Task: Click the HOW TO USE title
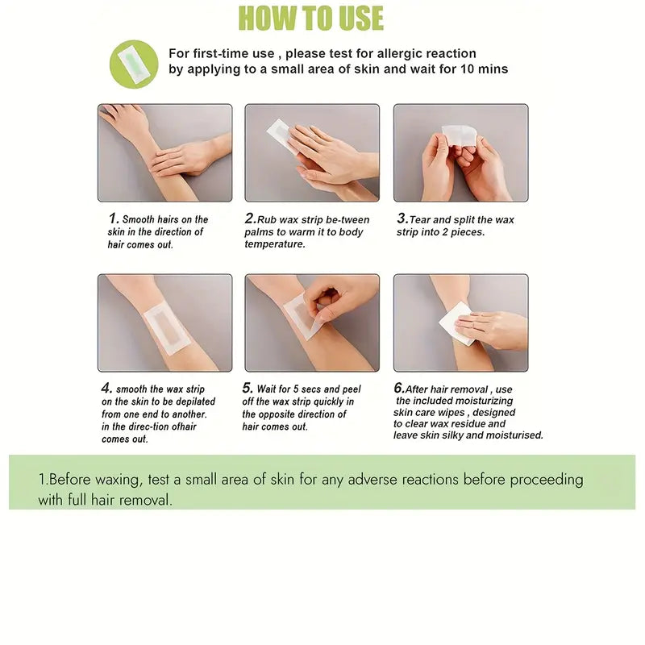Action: pyautogui.click(x=310, y=18)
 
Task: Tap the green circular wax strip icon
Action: pyautogui.click(x=133, y=63)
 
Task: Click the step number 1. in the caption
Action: pyautogui.click(x=114, y=218)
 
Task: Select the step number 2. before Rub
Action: pyautogui.click(x=250, y=218)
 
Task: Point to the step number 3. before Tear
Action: pyautogui.click(x=402, y=218)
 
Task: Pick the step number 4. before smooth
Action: pyautogui.click(x=106, y=388)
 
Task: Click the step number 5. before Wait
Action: pyautogui.click(x=248, y=388)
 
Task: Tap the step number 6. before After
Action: pyautogui.click(x=399, y=388)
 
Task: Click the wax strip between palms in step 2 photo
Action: pyautogui.click(x=281, y=135)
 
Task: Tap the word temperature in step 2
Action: pyautogui.click(x=275, y=244)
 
